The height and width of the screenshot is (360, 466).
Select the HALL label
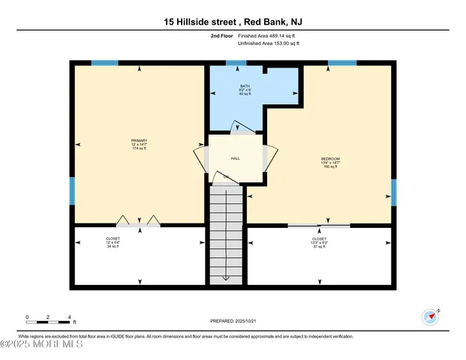235,159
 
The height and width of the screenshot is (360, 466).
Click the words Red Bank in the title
273,22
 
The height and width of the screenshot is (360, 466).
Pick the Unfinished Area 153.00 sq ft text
269,43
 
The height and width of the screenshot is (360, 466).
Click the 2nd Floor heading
222,35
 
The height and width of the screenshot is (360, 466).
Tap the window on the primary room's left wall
72,191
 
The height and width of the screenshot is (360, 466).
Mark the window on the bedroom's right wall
393,192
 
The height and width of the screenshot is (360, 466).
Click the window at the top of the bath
236,63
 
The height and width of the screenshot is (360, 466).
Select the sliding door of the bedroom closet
319,225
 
